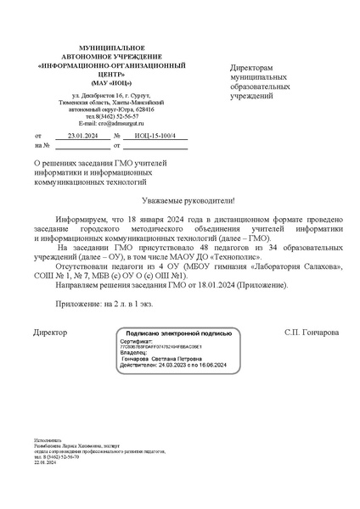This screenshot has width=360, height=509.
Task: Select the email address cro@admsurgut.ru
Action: pyautogui.click(x=109, y=123)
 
